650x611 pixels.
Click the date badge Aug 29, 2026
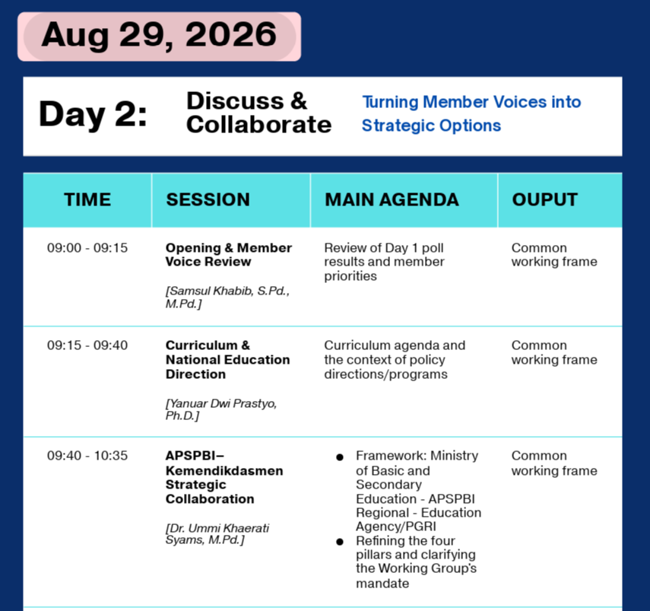tap(159, 37)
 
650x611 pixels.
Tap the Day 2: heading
tap(93, 114)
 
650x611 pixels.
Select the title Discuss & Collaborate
tap(258, 113)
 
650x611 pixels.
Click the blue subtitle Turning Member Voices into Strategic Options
tap(471, 113)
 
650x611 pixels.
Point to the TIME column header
tap(87, 199)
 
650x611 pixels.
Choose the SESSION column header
tap(208, 199)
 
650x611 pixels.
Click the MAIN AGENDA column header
tap(392, 199)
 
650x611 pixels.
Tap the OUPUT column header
tap(544, 199)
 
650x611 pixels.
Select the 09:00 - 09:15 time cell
tap(87, 247)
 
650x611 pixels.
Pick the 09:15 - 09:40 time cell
tap(87, 345)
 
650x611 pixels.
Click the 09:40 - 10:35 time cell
tap(87, 456)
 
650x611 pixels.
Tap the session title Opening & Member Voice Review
tap(228, 255)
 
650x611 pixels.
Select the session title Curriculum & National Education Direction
tap(227, 360)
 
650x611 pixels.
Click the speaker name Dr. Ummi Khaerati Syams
tap(217, 534)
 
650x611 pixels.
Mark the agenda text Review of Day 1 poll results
tap(384, 255)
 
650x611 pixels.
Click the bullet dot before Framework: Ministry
tap(340, 457)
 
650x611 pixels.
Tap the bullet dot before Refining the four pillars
tap(340, 542)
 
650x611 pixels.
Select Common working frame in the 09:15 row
tap(554, 352)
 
